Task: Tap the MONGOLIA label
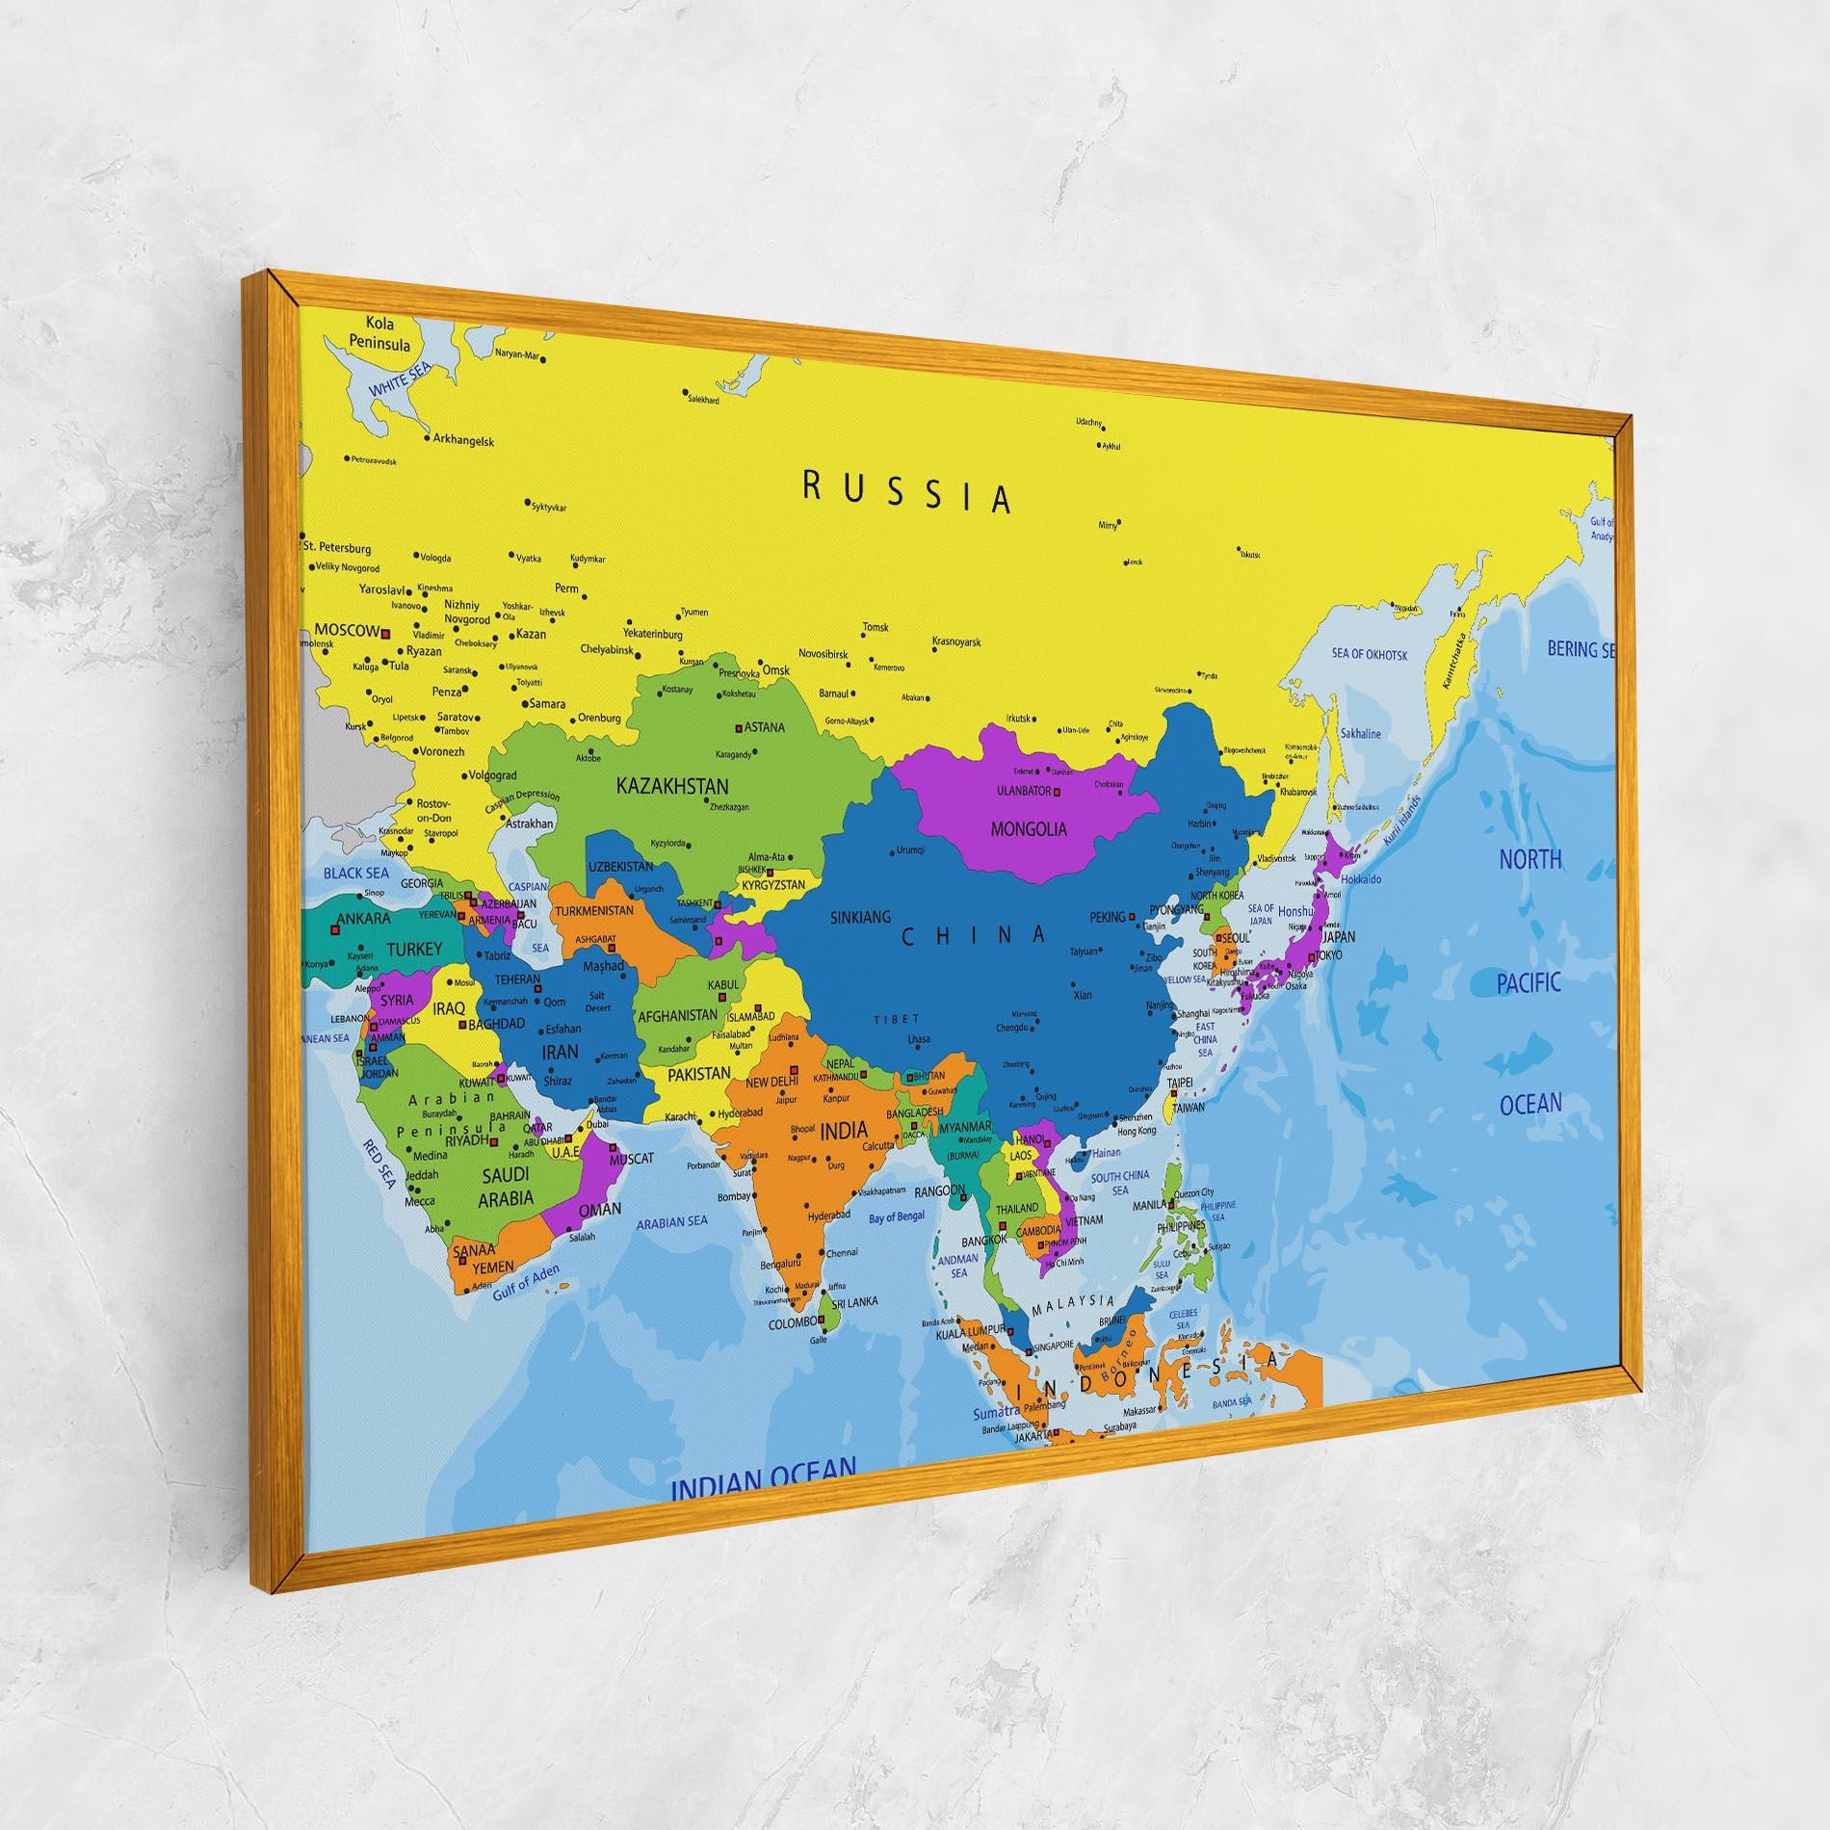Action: (1029, 828)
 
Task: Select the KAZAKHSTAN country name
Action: (672, 786)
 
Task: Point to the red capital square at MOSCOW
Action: (384, 633)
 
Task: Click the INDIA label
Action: (843, 1131)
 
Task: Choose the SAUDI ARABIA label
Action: (507, 1187)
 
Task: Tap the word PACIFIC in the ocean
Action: (1529, 983)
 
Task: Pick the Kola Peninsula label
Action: (379, 334)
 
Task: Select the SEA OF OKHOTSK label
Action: (1370, 655)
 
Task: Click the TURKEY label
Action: (414, 950)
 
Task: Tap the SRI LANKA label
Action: (854, 1301)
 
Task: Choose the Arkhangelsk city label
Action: (463, 441)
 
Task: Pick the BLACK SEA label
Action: (356, 873)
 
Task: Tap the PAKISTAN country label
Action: (700, 1073)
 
